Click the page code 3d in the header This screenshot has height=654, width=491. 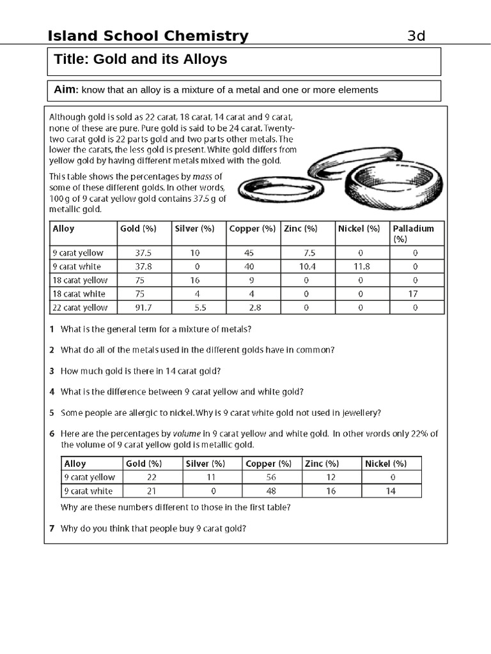click(416, 36)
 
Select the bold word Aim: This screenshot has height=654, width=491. click(66, 90)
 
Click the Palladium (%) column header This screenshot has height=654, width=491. click(413, 233)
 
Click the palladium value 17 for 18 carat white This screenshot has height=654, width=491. click(415, 294)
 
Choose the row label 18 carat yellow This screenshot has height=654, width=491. click(80, 280)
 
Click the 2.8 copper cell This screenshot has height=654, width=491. click(250, 308)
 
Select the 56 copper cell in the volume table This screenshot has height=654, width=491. click(269, 477)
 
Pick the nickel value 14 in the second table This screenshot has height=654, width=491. click(391, 491)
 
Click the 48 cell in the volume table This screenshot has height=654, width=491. click(269, 491)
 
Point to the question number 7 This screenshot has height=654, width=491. click(51, 529)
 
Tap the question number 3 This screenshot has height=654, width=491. click(51, 370)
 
